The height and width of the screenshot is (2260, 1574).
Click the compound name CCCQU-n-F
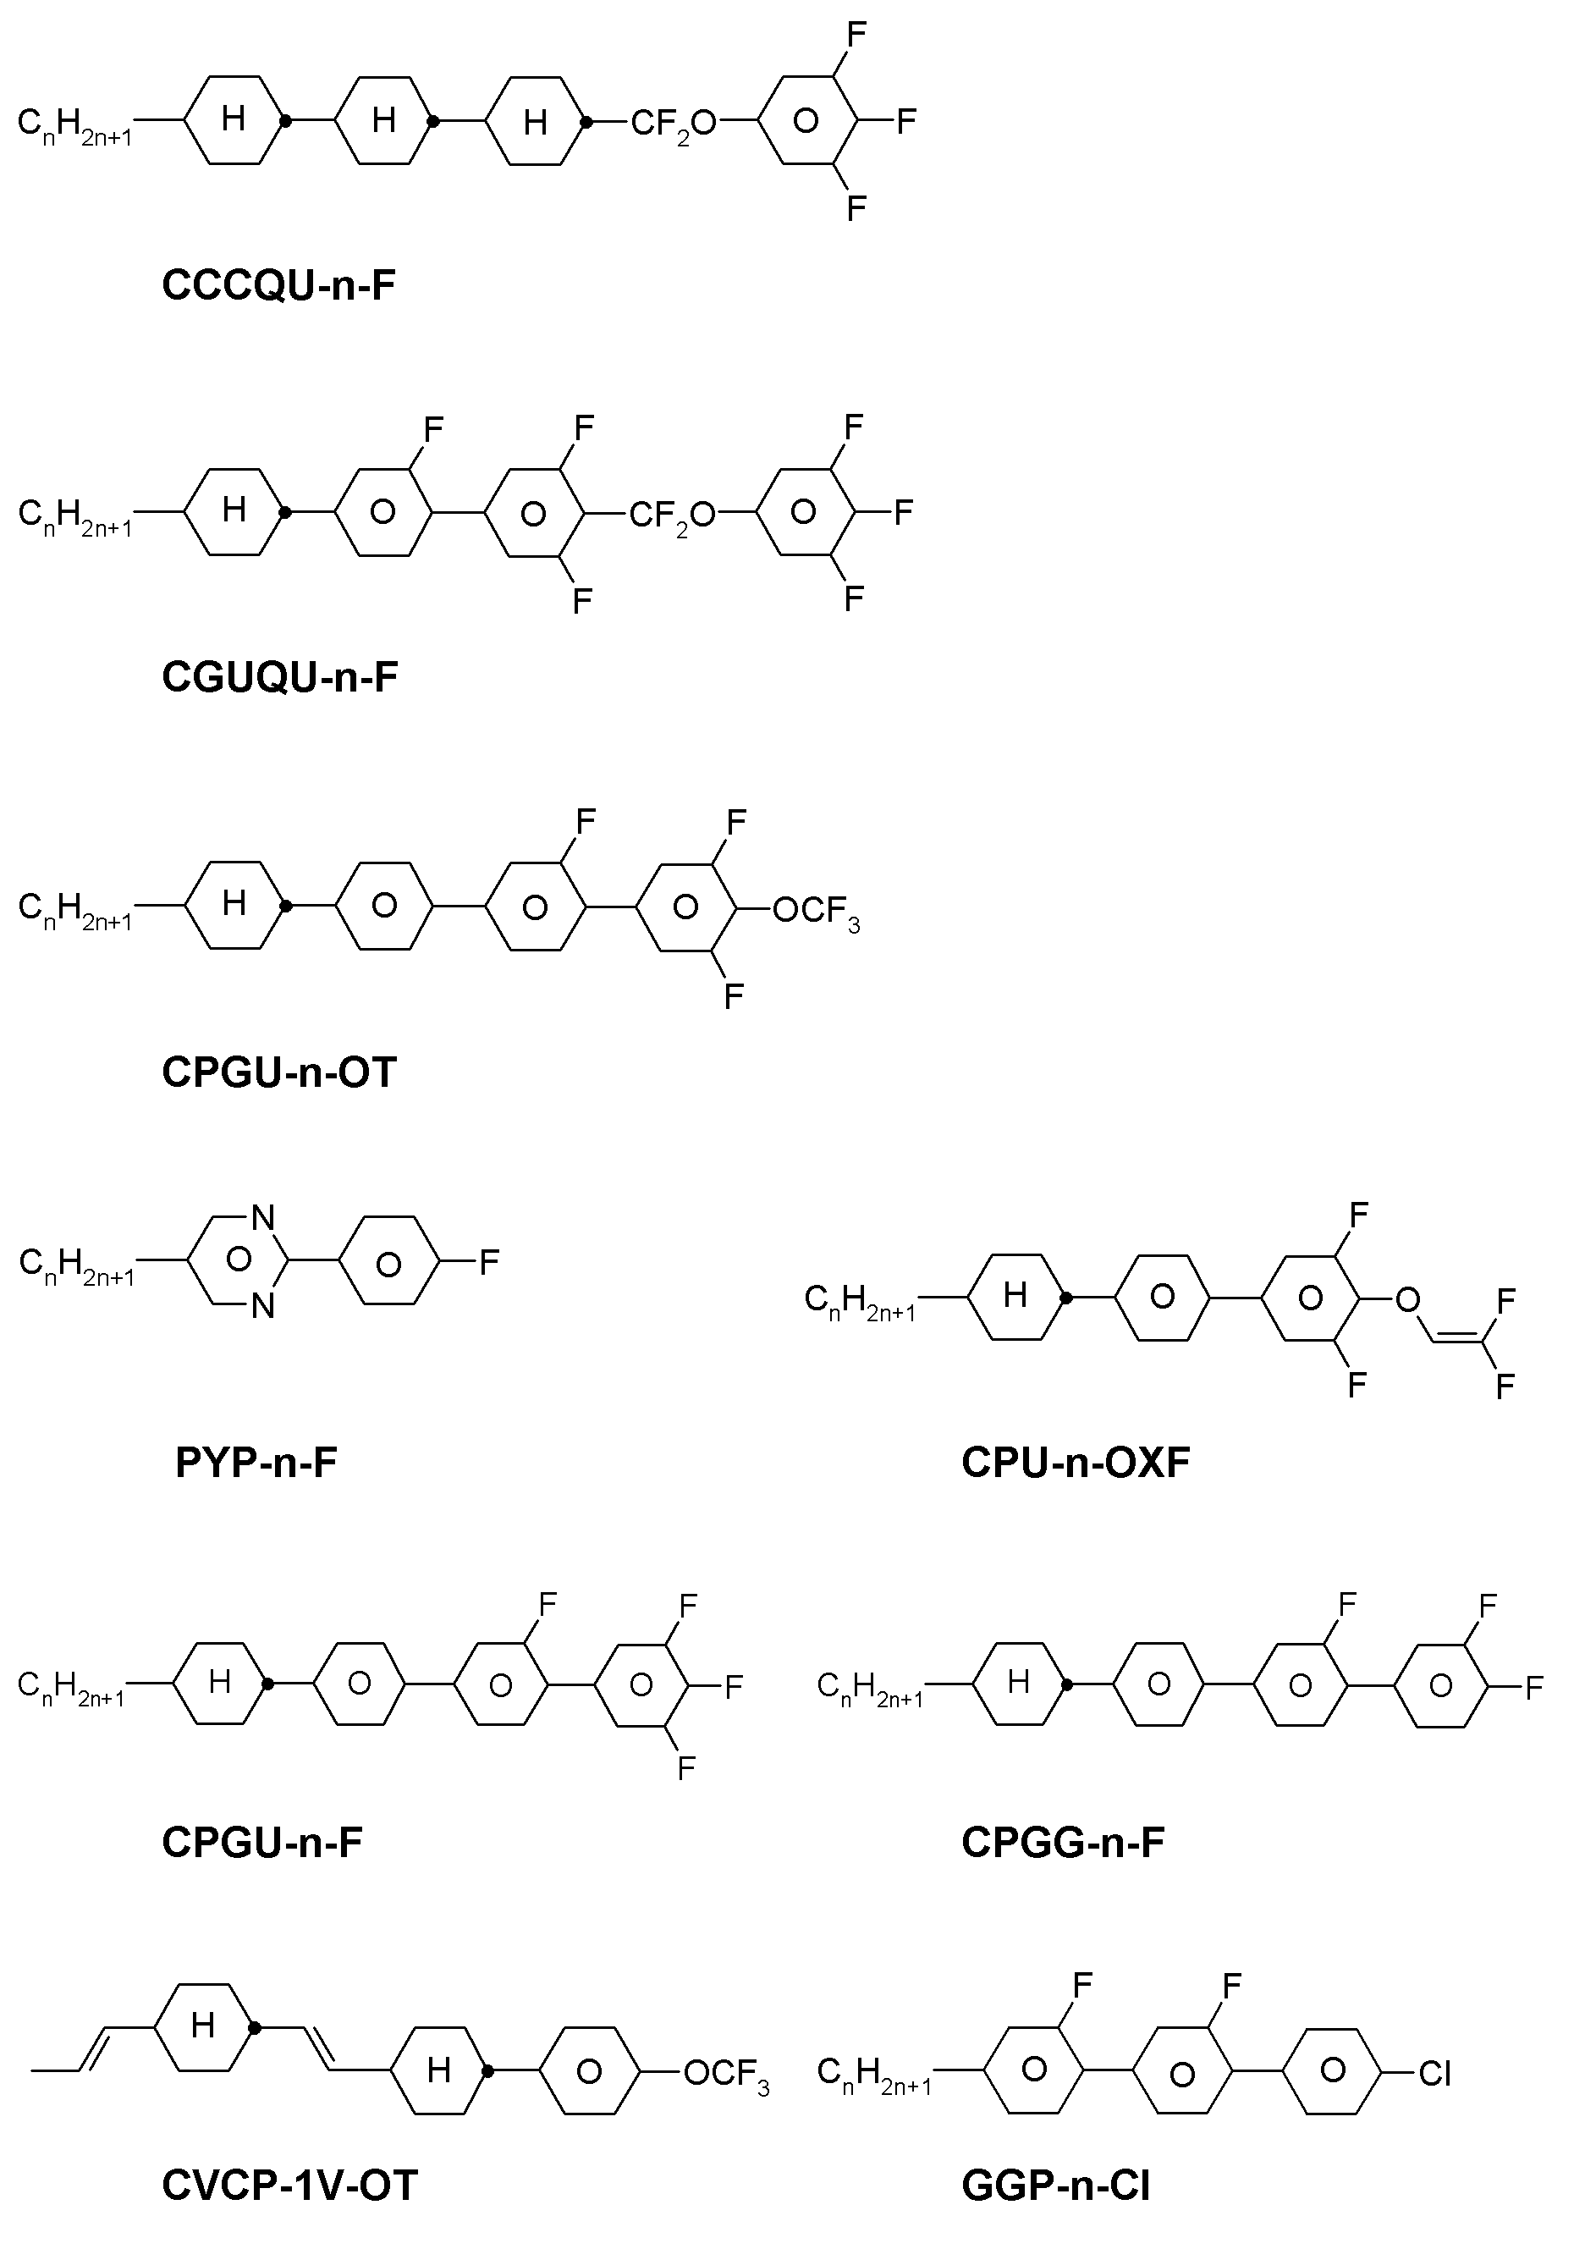coord(278,285)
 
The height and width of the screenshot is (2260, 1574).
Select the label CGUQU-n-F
coord(279,677)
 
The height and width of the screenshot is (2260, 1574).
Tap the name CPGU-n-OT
coord(278,1072)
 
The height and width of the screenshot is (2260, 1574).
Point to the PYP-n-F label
coord(256,1463)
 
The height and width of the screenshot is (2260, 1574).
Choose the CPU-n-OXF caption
coord(1076,1463)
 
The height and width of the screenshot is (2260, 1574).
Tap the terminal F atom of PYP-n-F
coord(489,1261)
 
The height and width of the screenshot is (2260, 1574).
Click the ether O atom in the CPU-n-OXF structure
coord(1407,1300)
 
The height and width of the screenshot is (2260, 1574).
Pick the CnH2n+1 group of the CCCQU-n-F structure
coord(74,125)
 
